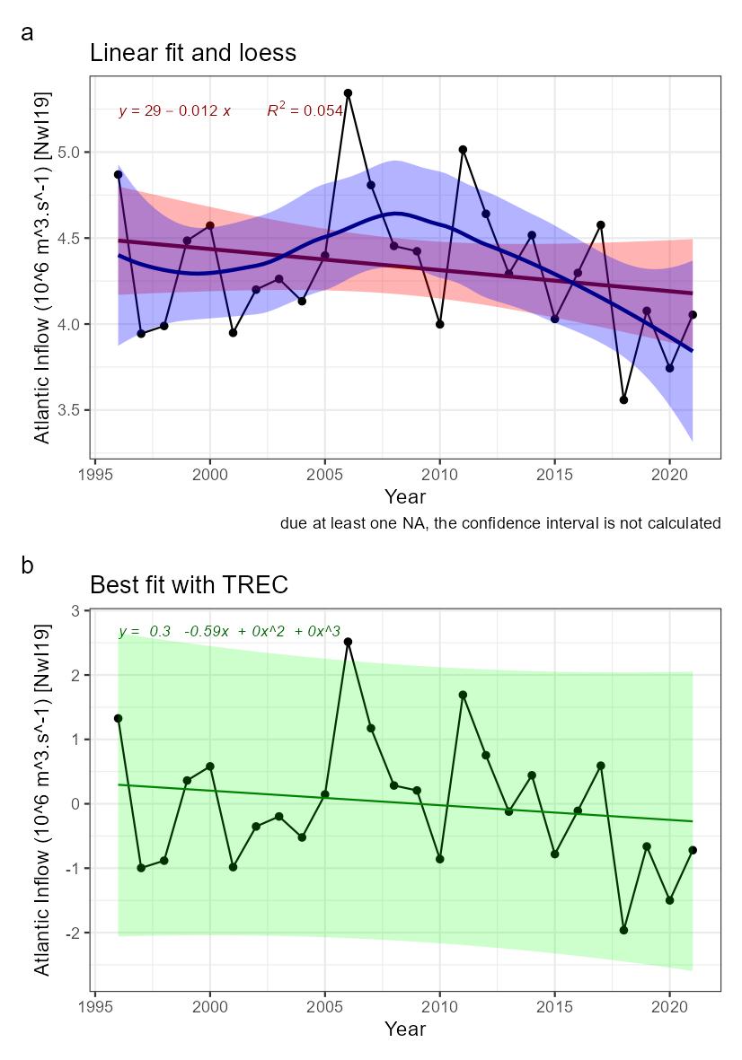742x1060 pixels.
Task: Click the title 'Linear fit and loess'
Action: pyautogui.click(x=193, y=53)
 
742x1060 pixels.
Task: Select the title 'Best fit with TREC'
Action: pyautogui.click(x=189, y=585)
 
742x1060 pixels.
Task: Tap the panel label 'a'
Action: pyautogui.click(x=28, y=33)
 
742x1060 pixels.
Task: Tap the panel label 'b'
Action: pyautogui.click(x=28, y=565)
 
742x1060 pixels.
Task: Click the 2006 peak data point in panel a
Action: pyautogui.click(x=348, y=93)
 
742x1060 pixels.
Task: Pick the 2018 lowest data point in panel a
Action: pyautogui.click(x=623, y=399)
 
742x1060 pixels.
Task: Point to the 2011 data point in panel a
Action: pyautogui.click(x=463, y=150)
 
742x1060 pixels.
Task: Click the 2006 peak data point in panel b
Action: pyautogui.click(x=348, y=642)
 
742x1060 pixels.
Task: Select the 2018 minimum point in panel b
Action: pyautogui.click(x=623, y=930)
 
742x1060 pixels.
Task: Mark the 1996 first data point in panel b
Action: pyautogui.click(x=118, y=718)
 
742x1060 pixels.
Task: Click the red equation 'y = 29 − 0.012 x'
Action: pyautogui.click(x=174, y=111)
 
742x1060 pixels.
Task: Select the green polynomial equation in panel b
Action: pyautogui.click(x=229, y=632)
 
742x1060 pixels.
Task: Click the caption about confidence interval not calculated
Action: pyautogui.click(x=499, y=523)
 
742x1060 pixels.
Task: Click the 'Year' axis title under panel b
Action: pyautogui.click(x=404, y=1029)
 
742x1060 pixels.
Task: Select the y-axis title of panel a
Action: pyautogui.click(x=42, y=267)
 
